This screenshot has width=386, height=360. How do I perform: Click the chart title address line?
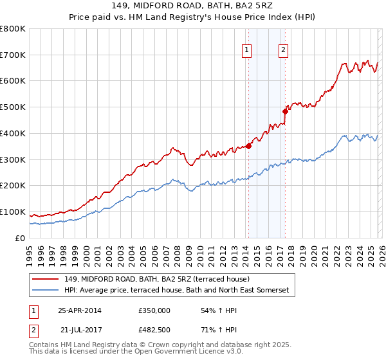coord(192,7)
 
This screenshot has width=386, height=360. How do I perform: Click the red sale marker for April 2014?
coord(248,146)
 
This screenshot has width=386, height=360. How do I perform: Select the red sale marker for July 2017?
coord(285,111)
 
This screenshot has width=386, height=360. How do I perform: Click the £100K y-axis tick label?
coord(13,212)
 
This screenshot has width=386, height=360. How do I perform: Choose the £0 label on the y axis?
coord(19,239)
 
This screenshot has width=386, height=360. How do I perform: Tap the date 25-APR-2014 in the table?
coord(80,310)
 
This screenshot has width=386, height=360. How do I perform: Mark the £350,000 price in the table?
coord(154,310)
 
